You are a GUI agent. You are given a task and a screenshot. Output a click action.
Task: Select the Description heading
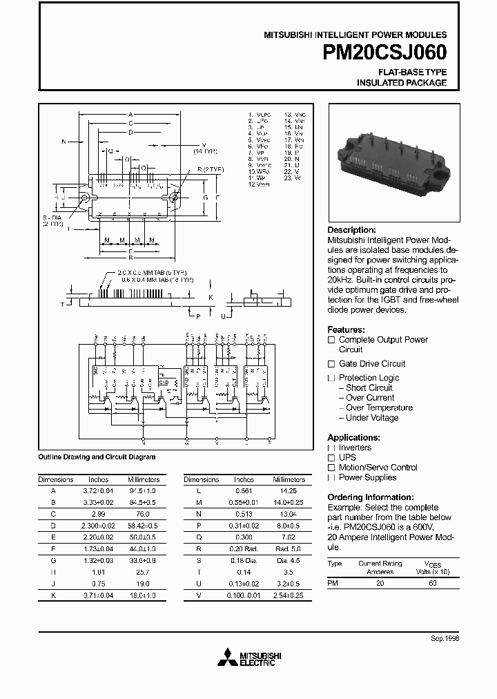tap(351, 230)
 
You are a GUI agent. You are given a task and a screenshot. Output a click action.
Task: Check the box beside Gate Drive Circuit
tap(331, 364)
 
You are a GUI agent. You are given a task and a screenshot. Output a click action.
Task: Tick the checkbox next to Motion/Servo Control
tap(331, 468)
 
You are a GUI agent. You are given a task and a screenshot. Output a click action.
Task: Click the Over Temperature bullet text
tap(379, 408)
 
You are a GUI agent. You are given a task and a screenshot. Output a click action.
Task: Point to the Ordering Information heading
tap(370, 497)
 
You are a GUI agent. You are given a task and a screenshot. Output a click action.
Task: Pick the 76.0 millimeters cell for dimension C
tap(143, 514)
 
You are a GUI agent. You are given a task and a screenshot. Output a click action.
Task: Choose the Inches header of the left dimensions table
tap(98, 479)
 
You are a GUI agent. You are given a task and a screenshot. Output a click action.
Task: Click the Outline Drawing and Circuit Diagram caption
tap(96, 457)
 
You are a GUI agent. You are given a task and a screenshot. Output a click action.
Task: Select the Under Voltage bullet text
tap(372, 418)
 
